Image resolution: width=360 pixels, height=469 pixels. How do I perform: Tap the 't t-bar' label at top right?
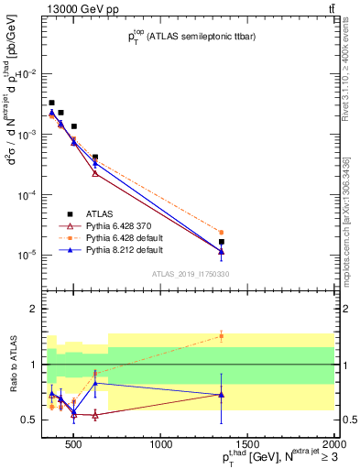pos(328,7)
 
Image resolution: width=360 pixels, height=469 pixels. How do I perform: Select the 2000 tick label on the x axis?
pos(333,446)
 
